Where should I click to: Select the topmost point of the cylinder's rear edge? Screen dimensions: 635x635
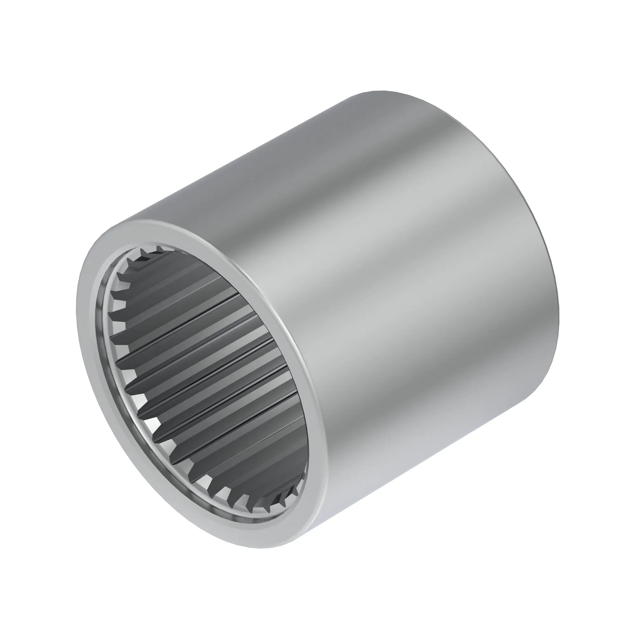381,91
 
